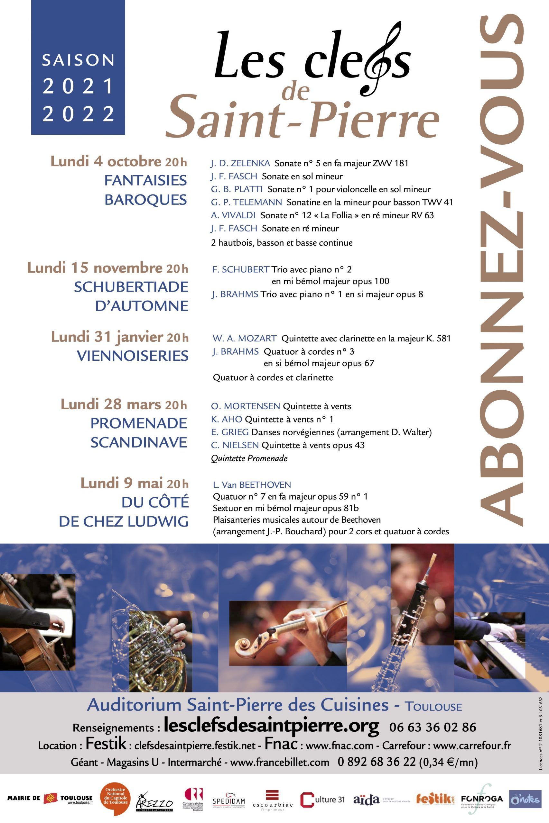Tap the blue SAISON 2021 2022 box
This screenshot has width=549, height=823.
(x=78, y=68)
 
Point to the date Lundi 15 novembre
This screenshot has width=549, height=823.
(x=95, y=268)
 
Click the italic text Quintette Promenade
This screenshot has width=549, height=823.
(x=249, y=458)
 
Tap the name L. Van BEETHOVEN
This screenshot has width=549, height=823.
(x=252, y=485)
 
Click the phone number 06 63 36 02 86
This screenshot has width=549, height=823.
(x=433, y=728)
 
